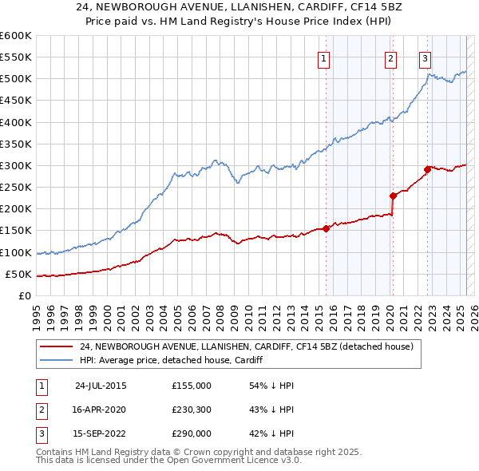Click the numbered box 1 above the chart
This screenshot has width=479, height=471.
[324, 57]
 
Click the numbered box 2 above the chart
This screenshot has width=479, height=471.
[390, 57]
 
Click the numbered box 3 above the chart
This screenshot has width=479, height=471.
[425, 57]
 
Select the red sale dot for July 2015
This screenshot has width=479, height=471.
[327, 229]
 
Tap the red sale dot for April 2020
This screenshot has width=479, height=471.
[393, 196]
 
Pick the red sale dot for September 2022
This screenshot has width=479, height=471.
[427, 169]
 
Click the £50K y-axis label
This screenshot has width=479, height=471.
[18, 274]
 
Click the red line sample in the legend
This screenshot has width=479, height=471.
[56, 347]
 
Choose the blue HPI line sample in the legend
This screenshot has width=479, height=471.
[56, 361]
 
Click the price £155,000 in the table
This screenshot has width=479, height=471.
[191, 386]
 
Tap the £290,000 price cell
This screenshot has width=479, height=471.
[191, 433]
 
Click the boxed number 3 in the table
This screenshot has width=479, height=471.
[40, 433]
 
